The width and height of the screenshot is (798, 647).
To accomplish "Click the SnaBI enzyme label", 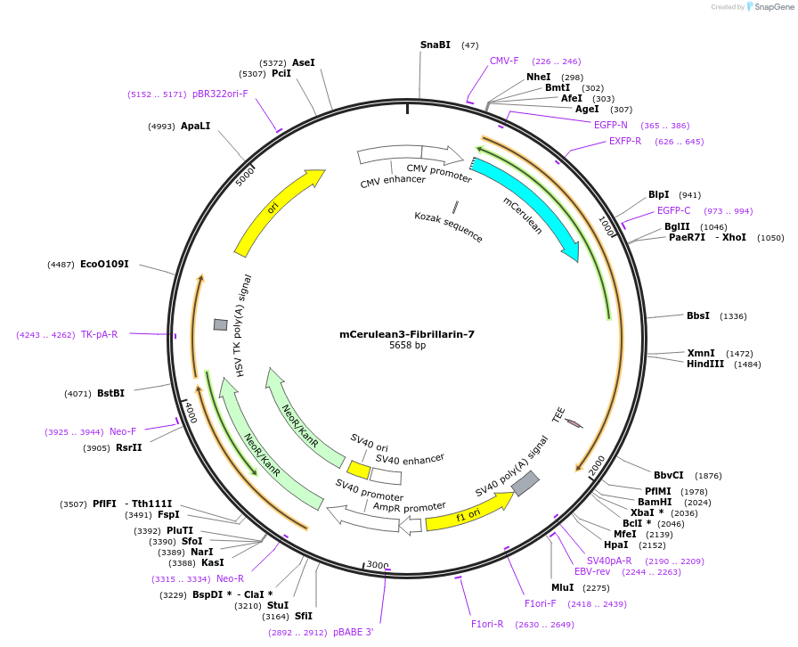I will click(436, 45).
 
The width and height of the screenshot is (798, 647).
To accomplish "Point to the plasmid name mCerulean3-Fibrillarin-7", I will click(406, 334).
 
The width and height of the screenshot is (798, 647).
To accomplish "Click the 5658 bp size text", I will click(407, 346).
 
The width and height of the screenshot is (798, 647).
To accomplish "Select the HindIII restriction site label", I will click(705, 364).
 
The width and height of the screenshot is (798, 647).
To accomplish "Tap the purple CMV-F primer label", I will click(504, 61).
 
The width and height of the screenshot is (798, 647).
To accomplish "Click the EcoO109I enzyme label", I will click(104, 264).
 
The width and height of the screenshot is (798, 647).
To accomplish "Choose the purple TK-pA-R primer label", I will click(99, 335).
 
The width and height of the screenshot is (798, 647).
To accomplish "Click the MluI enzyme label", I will click(562, 587).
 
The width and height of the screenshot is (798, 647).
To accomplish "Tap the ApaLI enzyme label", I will click(195, 127).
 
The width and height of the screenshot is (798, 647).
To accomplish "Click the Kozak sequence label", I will click(448, 227).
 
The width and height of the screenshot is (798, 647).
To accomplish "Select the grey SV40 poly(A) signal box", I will click(525, 483).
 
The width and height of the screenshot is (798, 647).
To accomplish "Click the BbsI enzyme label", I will click(698, 315).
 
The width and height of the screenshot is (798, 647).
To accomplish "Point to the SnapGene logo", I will click(767, 7).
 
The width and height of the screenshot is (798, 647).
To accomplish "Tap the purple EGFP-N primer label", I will click(611, 125).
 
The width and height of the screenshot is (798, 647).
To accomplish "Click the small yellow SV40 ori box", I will click(359, 469).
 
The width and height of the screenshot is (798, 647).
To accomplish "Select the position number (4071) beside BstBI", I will click(77, 393).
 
